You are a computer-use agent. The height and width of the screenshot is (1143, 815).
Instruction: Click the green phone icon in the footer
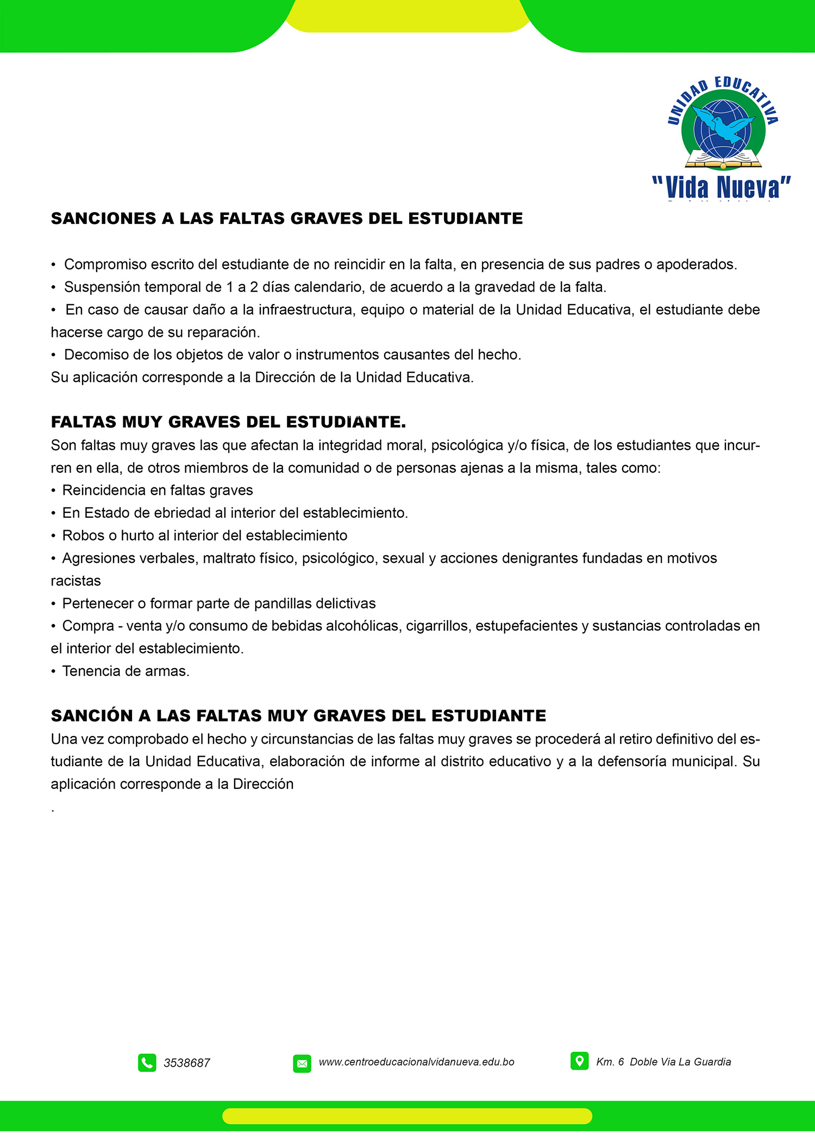click(x=147, y=1063)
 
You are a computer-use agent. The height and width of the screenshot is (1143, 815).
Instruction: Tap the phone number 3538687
click(x=186, y=1063)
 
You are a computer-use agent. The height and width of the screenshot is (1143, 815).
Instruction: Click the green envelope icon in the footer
click(x=302, y=1063)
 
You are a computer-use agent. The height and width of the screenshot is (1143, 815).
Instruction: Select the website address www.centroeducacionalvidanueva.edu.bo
click(x=416, y=1062)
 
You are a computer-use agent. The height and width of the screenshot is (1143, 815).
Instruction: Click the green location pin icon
click(x=579, y=1060)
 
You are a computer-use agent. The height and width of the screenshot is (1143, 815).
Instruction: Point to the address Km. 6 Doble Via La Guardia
click(x=663, y=1062)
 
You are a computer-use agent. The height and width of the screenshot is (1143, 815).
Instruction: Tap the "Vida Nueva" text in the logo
click(x=722, y=187)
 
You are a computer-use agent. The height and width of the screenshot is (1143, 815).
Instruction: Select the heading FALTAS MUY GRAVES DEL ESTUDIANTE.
click(x=228, y=422)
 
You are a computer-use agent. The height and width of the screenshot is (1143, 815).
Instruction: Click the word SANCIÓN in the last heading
click(x=92, y=716)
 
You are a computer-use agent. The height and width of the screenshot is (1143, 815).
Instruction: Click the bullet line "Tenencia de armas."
click(x=126, y=671)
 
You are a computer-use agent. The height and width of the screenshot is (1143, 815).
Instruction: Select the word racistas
click(x=76, y=581)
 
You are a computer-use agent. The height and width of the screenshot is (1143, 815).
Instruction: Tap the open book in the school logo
click(x=723, y=160)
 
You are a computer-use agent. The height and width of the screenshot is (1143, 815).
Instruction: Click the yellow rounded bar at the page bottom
click(x=407, y=1116)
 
